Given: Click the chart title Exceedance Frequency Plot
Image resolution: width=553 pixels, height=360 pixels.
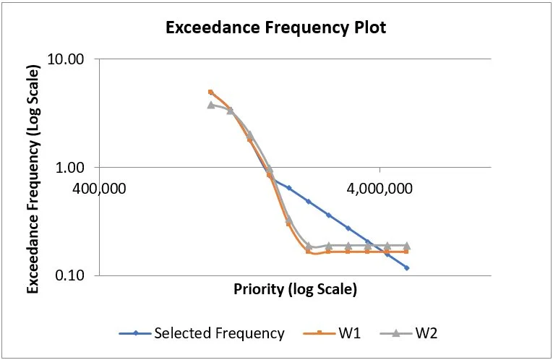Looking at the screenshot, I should (x=275, y=28).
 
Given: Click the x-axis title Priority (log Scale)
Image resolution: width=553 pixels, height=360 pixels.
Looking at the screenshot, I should (x=295, y=290).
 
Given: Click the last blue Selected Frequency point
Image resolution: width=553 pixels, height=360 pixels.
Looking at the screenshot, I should (x=407, y=268).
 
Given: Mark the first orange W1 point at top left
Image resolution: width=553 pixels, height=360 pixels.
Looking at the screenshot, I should (x=210, y=92).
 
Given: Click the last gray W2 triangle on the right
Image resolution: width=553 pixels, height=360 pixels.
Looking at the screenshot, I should (x=407, y=246).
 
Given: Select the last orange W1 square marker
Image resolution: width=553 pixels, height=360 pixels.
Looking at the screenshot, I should (x=407, y=251).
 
